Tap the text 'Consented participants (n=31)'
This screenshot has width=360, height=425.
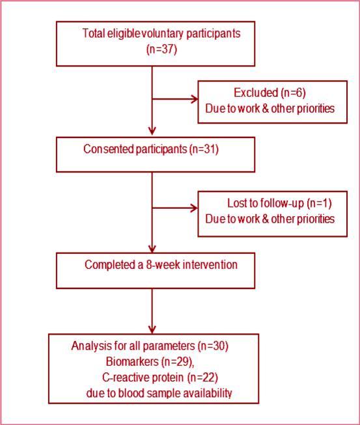tap(151, 149)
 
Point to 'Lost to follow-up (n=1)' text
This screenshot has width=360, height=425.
tap(269, 203)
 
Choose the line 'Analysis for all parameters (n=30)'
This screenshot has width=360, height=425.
tap(150, 346)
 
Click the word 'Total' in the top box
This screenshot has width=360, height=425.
tap(94, 33)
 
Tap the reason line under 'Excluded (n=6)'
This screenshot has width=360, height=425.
tap(270, 109)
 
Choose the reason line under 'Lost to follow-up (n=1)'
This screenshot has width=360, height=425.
tap(270, 219)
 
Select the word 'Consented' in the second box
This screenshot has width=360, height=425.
tap(106, 149)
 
